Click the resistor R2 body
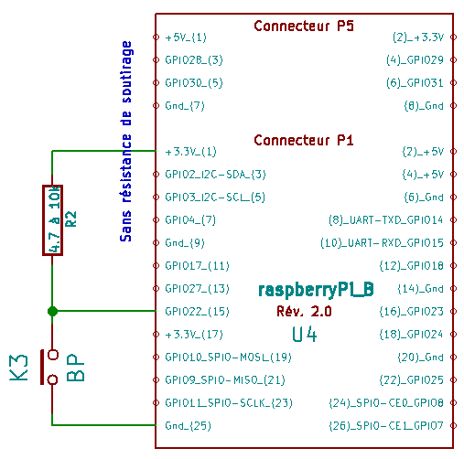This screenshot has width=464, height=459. tap(52, 220)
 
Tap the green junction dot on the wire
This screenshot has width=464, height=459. tap(52, 311)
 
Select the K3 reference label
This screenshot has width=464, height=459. tap(19, 368)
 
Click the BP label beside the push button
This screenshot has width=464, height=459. tap(75, 368)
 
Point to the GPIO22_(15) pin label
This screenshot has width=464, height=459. tap(197, 312)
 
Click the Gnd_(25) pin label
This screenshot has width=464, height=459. tap(188, 426)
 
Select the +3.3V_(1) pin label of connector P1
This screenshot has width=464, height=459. tap(190, 152)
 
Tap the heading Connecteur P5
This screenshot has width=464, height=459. tap(304, 26)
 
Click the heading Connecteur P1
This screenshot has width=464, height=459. tap(304, 140)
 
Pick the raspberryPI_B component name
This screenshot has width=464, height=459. tap(316, 290)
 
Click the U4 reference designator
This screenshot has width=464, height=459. tap(305, 335)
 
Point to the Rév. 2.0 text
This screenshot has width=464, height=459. tap(304, 312)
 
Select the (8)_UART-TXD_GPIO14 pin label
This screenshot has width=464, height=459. tap(386, 220)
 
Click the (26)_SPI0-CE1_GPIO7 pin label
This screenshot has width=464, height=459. tap(386, 426)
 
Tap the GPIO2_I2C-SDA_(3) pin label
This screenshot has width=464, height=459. tap(215, 175)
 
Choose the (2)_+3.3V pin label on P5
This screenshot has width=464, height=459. tap(418, 37)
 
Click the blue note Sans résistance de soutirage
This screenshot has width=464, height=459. tap(125, 142)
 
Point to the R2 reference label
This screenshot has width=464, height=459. tap(71, 219)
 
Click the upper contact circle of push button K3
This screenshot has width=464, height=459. tap(53, 355)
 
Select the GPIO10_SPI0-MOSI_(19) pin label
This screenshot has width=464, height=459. tap(228, 358)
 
